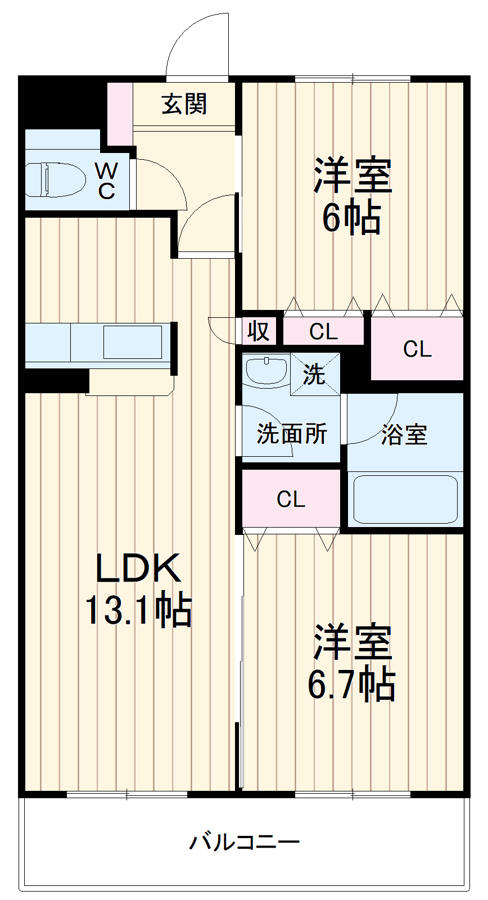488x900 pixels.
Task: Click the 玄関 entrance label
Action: coord(184,105)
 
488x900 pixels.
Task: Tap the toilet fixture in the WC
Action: coord(55,179)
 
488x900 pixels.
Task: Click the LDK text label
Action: coord(138,568)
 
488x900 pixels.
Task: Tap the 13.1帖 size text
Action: coord(138,610)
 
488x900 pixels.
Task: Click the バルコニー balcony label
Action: coord(244,842)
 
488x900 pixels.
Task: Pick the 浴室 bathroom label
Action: coord(404,434)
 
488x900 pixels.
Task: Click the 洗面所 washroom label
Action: coord(291,434)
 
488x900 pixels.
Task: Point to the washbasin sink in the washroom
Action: coord(266,371)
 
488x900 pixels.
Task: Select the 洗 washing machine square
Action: coord(315,373)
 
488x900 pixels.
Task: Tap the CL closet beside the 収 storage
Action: coord(323,332)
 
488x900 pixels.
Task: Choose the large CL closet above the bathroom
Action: coord(417,349)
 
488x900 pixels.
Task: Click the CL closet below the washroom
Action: coord(291,499)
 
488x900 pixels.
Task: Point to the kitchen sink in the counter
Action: coord(132,341)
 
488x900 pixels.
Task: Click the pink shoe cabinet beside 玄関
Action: coord(119,112)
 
